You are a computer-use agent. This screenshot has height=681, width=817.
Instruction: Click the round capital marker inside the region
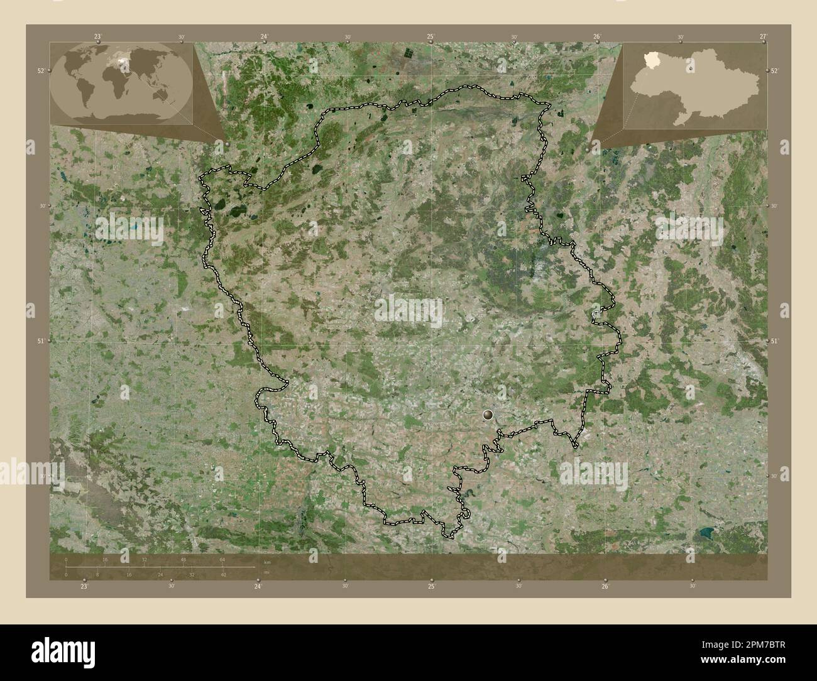pos(488,415)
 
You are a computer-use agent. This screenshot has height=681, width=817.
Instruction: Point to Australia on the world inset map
pos(165,94)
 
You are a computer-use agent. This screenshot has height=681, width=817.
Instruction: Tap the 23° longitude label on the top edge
pos(97,37)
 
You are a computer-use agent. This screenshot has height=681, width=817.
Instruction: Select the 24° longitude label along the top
pos(264,37)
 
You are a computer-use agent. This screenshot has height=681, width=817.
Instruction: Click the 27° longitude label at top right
pos(763,37)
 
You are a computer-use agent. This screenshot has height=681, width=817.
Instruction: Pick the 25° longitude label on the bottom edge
pos(431,586)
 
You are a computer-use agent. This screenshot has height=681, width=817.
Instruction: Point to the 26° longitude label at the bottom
pos(605,586)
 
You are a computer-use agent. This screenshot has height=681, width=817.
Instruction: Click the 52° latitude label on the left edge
pos(40,71)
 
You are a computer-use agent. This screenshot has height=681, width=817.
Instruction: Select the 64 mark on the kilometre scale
pos(222,559)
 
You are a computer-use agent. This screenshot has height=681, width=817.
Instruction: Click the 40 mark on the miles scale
pos(222,575)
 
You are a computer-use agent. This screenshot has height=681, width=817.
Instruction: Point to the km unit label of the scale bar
pos(266,562)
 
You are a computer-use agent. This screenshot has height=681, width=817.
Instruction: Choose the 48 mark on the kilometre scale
pos(184,559)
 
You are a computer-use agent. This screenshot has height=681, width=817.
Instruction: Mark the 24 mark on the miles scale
pos(160,575)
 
